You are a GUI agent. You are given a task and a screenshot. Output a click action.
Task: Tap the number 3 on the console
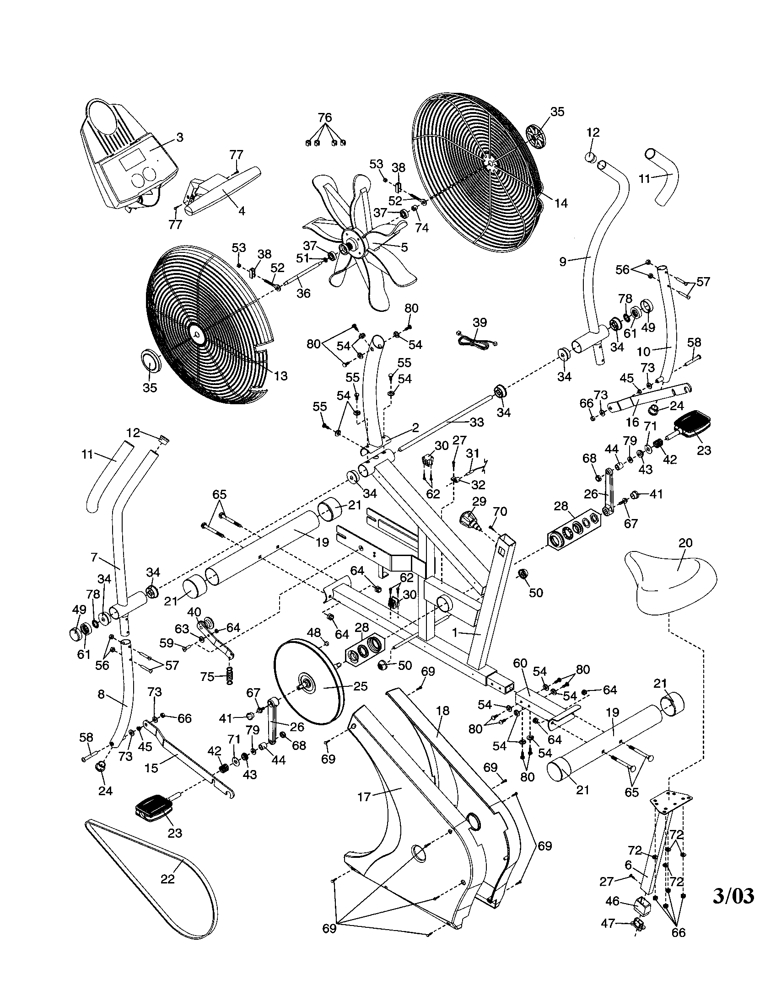(x=180, y=137)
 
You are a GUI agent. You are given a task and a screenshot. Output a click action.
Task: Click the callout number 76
(x=325, y=118)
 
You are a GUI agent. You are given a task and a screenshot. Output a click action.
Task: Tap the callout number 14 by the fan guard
(x=561, y=203)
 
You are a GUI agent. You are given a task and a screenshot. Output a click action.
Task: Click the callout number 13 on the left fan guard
(x=280, y=376)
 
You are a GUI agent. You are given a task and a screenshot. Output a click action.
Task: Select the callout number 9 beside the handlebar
(x=562, y=262)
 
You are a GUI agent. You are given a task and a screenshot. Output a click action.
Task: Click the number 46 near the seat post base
(x=612, y=901)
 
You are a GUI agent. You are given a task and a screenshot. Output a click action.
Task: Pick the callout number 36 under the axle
(x=303, y=293)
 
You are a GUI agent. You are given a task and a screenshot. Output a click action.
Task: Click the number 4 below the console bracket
(x=242, y=211)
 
